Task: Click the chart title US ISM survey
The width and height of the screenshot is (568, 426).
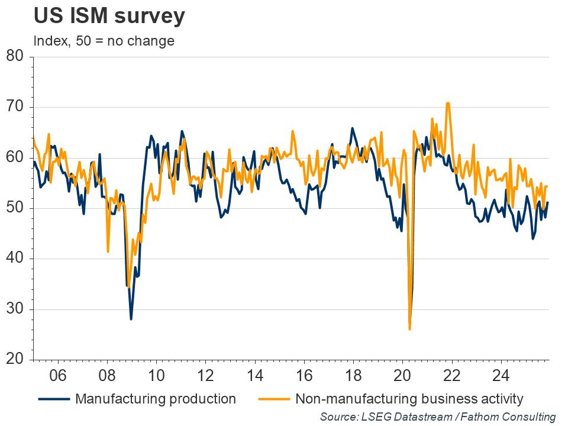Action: coord(109,17)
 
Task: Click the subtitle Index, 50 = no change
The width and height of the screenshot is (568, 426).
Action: coord(104,41)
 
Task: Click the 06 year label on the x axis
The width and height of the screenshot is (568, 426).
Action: coord(57,375)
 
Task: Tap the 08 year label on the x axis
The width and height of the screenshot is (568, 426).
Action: coord(106,375)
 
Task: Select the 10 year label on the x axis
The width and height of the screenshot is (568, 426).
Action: coord(156,375)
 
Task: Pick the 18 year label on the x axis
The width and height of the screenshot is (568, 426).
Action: coord(353,375)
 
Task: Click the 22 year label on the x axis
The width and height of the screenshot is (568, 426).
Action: coord(452,375)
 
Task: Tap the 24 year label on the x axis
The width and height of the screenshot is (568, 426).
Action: coord(501,375)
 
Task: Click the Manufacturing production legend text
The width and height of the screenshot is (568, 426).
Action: coord(156,398)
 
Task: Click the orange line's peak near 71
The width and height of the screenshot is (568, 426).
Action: coord(448,104)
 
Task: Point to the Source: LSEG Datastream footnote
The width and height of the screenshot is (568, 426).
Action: coord(438,417)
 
